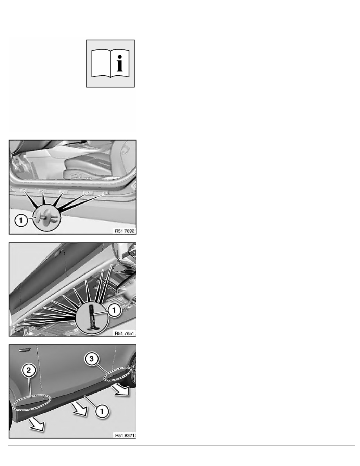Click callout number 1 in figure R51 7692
[x=21, y=220]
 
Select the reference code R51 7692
[x=124, y=231]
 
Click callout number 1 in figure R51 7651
[x=114, y=310]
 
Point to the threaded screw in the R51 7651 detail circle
[x=92, y=316]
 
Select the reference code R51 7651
[x=124, y=333]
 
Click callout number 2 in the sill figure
[x=29, y=370]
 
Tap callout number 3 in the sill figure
[x=91, y=359]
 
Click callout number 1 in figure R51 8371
[x=102, y=411]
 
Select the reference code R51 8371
[x=125, y=435]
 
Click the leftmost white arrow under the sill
[x=37, y=424]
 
